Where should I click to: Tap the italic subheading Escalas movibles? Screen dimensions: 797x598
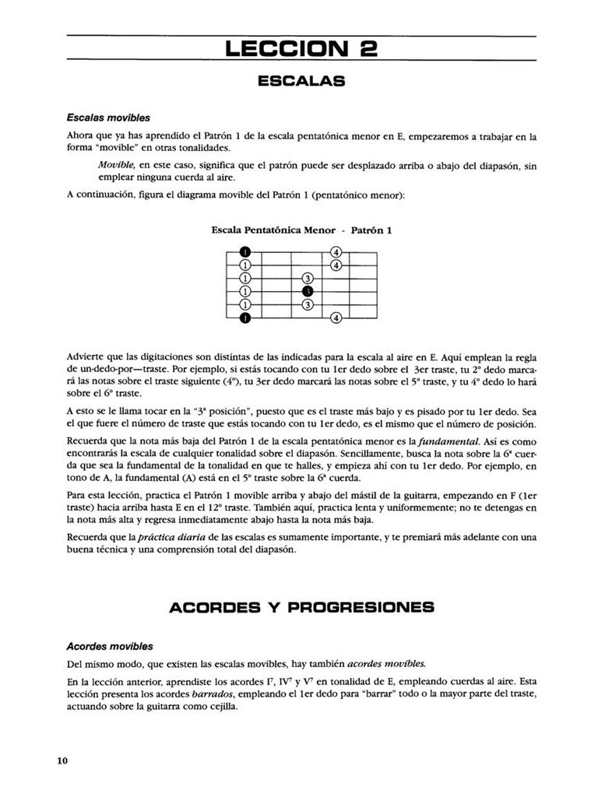point(108,118)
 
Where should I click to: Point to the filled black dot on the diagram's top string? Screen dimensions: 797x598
point(245,252)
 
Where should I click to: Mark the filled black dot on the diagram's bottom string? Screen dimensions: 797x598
point(245,318)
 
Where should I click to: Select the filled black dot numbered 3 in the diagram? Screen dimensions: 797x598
point(308,291)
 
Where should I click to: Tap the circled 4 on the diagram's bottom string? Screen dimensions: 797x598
point(336,318)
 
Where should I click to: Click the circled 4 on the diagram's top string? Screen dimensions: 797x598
point(336,252)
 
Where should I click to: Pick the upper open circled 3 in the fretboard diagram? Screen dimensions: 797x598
point(308,279)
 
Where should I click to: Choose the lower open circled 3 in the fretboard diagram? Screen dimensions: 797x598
point(308,304)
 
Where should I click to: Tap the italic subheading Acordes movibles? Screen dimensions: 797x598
point(110,646)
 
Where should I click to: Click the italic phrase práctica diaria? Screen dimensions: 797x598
point(171,538)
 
